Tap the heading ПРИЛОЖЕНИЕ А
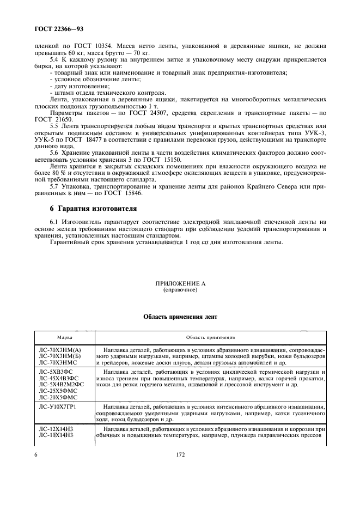[x=180, y=284]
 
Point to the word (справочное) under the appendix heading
[x=180, y=290]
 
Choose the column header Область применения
[x=210, y=337]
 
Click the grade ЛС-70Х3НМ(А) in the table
[x=60, y=349]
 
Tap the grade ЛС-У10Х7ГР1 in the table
[x=59, y=406]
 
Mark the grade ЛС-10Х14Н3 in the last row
[x=57, y=437]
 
